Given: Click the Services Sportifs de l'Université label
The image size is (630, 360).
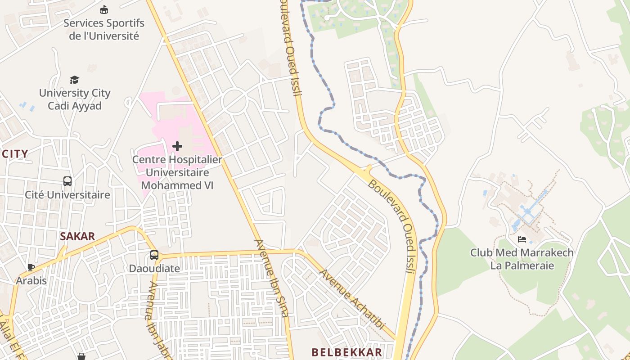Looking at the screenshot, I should tap(104, 29).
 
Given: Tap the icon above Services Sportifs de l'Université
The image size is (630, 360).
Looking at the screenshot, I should tap(104, 9).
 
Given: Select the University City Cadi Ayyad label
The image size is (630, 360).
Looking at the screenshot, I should tap(75, 99).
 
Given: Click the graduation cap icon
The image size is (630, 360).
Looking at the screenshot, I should tap(74, 80).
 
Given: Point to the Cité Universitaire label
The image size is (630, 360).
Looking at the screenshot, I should tap(67, 195).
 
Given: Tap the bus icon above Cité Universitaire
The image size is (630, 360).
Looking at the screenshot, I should tap(67, 181).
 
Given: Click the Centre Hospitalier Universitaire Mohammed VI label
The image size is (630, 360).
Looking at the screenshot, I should tap(177, 172).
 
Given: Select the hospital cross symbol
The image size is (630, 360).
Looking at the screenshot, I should tap(177, 146).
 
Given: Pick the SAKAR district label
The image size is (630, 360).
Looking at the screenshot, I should tap(77, 237).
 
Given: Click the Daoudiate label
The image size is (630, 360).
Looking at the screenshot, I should tap(154, 269).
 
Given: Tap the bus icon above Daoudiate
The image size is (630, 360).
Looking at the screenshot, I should tap(154, 255).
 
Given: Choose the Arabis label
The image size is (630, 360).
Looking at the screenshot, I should tap(31, 281).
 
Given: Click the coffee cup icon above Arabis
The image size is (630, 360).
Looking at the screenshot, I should tap(31, 267).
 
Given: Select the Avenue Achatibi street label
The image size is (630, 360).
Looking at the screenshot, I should tap(352, 300).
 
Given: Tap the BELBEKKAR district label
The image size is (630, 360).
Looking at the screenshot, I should tap(347, 352).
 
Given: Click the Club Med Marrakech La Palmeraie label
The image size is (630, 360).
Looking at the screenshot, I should tap(522, 259).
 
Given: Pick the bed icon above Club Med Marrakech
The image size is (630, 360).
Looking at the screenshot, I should tap(522, 239).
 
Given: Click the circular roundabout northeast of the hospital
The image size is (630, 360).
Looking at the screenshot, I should tap(234, 100).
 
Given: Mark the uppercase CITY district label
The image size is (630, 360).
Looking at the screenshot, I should tap(15, 154).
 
